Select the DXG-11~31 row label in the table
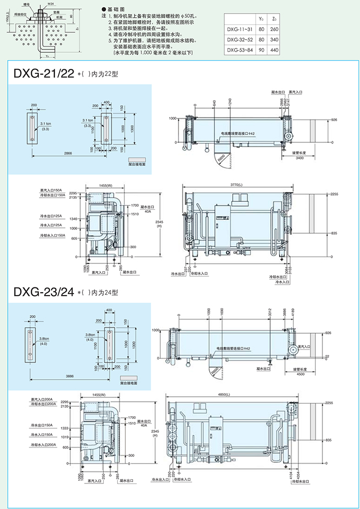[x=239, y=30]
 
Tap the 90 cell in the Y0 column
[x=261, y=50]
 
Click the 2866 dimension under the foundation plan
[x=68, y=153]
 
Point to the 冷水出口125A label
[x=51, y=214]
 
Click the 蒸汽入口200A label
[x=42, y=399]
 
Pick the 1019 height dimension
[x=73, y=437]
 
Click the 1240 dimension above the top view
[x=230, y=103]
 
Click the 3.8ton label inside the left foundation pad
[x=44, y=339]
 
